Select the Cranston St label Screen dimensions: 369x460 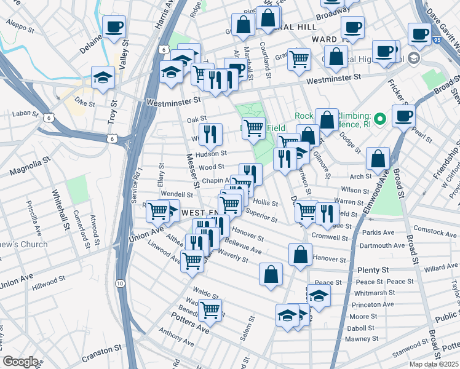[95, 351]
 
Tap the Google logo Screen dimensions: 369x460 [20, 362]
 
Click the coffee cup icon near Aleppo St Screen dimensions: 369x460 [114, 27]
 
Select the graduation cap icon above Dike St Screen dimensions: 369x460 [103, 77]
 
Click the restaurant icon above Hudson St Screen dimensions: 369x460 [210, 133]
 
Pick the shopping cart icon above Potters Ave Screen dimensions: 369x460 [210, 311]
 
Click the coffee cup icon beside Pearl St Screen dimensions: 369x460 [403, 116]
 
